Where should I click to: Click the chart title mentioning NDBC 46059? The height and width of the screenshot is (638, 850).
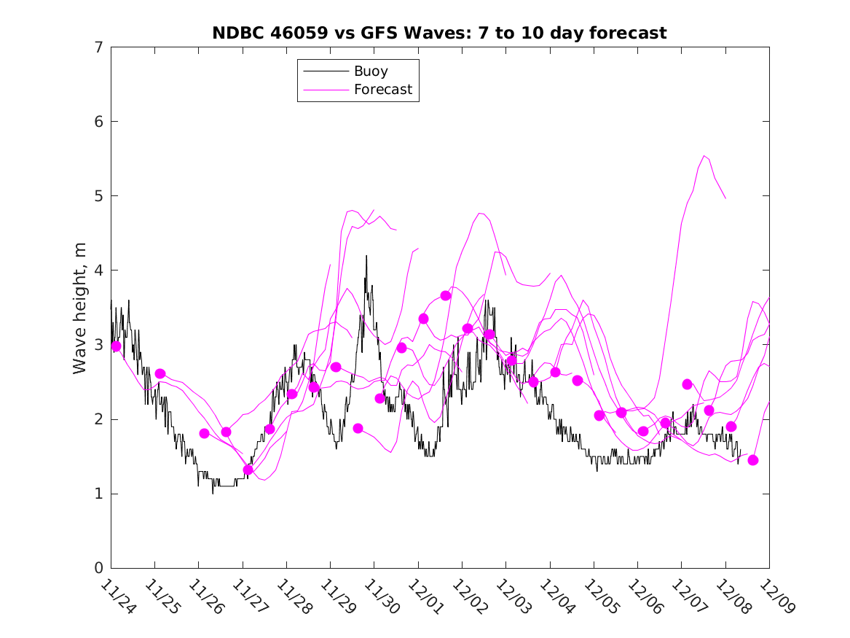[439, 33]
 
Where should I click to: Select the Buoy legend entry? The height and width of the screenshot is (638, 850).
[371, 71]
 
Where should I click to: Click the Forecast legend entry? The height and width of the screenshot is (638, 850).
[383, 90]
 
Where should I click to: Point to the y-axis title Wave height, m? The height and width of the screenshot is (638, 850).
[80, 308]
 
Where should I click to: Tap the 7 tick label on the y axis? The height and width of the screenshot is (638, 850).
[98, 47]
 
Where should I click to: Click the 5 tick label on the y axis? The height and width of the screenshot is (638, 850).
[98, 196]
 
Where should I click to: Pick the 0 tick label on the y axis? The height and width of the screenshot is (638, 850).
[98, 568]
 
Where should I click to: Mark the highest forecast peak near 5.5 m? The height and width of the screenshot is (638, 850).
[704, 155]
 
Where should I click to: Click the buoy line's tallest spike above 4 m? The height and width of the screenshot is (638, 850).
[366, 256]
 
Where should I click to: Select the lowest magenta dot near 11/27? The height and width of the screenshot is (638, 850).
[248, 470]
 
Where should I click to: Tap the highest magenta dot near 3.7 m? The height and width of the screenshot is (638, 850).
[446, 295]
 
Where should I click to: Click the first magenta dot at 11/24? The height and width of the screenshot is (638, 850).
[116, 346]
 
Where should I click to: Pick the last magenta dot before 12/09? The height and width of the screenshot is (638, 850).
[753, 460]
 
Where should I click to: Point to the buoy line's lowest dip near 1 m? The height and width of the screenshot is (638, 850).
[213, 493]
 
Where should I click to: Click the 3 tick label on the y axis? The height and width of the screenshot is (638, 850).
[98, 345]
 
